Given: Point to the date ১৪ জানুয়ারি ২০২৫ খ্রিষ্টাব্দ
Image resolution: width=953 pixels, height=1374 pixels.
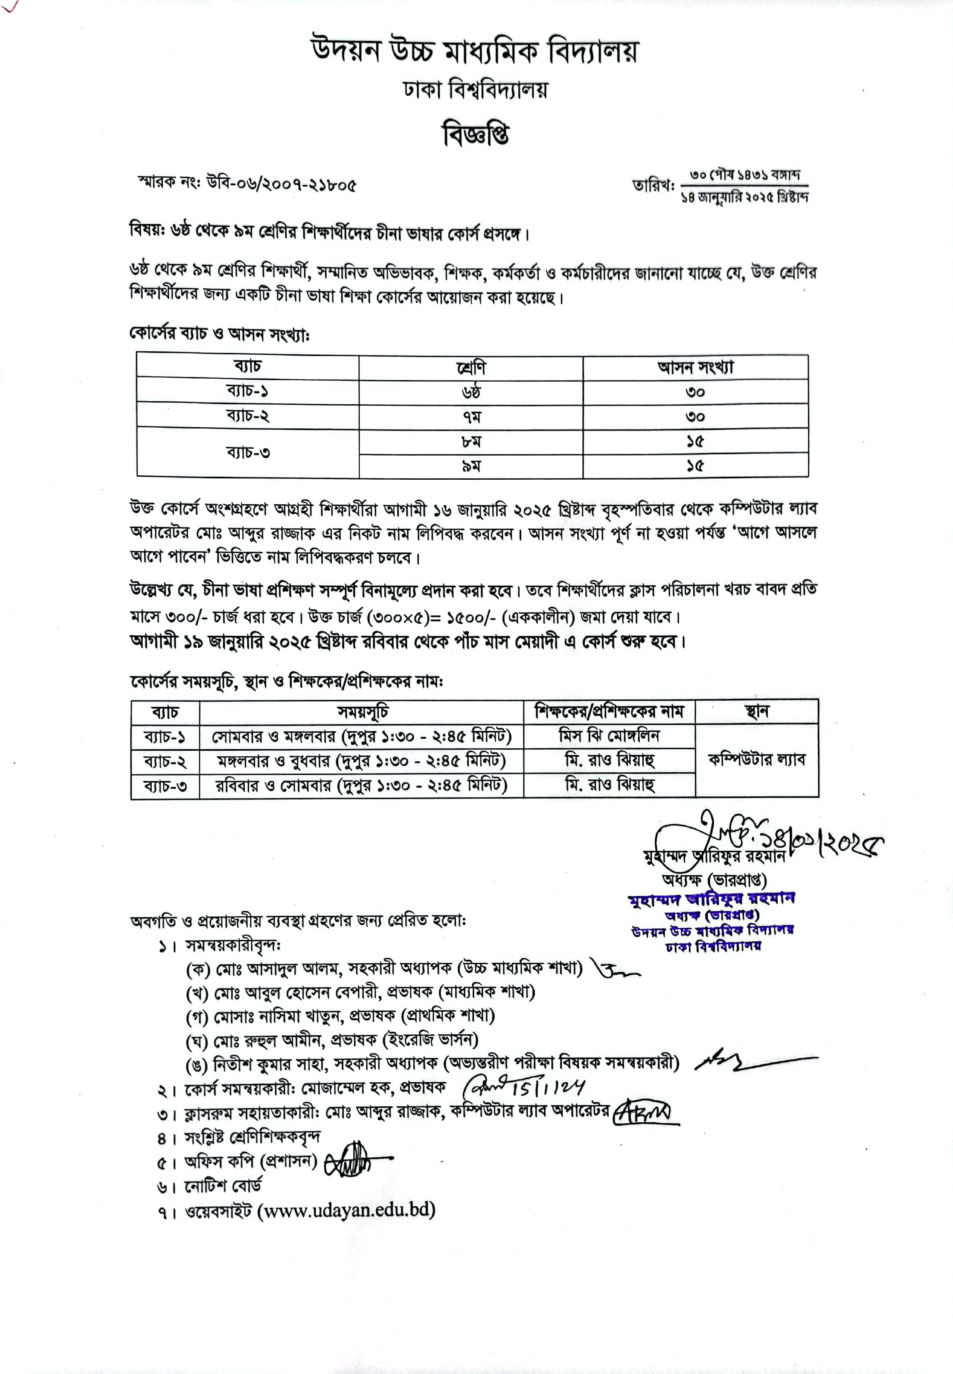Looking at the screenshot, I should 744,197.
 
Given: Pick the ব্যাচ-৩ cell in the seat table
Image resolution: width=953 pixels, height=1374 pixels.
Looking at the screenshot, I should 248,452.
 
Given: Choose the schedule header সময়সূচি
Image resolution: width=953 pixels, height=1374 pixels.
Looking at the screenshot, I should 362,712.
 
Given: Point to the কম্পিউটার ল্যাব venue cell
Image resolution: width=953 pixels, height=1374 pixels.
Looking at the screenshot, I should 756,760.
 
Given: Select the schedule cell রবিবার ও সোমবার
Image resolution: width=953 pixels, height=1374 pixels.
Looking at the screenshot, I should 362,785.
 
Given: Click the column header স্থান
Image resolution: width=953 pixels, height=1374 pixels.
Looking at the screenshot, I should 756,712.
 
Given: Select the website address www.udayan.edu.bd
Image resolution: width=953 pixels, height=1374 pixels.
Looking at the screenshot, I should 346,1210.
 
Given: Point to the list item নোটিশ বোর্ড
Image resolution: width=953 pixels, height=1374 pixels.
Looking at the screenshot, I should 222,1185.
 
